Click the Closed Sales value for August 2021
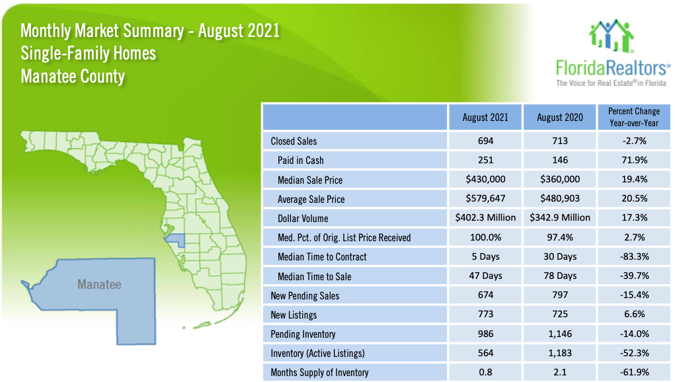pyautogui.click(x=485, y=141)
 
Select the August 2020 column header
pyautogui.click(x=559, y=118)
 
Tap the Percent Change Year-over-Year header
pyautogui.click(x=633, y=117)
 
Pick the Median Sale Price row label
pyautogui.click(x=310, y=180)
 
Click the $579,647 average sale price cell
pyautogui.click(x=485, y=198)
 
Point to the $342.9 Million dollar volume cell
pyautogui.click(x=559, y=217)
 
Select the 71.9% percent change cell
pyautogui.click(x=634, y=160)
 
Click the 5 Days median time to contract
pyautogui.click(x=485, y=257)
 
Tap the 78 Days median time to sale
pyautogui.click(x=559, y=276)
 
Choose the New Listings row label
pyautogui.click(x=294, y=315)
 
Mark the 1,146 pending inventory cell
pyautogui.click(x=559, y=334)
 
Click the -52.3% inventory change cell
pyautogui.click(x=634, y=353)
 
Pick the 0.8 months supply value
pyautogui.click(x=485, y=372)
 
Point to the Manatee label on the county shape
pyautogui.click(x=99, y=284)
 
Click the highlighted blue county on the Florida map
pyautogui.click(x=176, y=240)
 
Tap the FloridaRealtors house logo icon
pyautogui.click(x=612, y=36)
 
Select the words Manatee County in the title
pyautogui.click(x=73, y=77)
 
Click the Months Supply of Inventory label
pyautogui.click(x=319, y=373)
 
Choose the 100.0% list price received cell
pyautogui.click(x=485, y=237)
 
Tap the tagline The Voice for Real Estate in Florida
pyautogui.click(x=612, y=83)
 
